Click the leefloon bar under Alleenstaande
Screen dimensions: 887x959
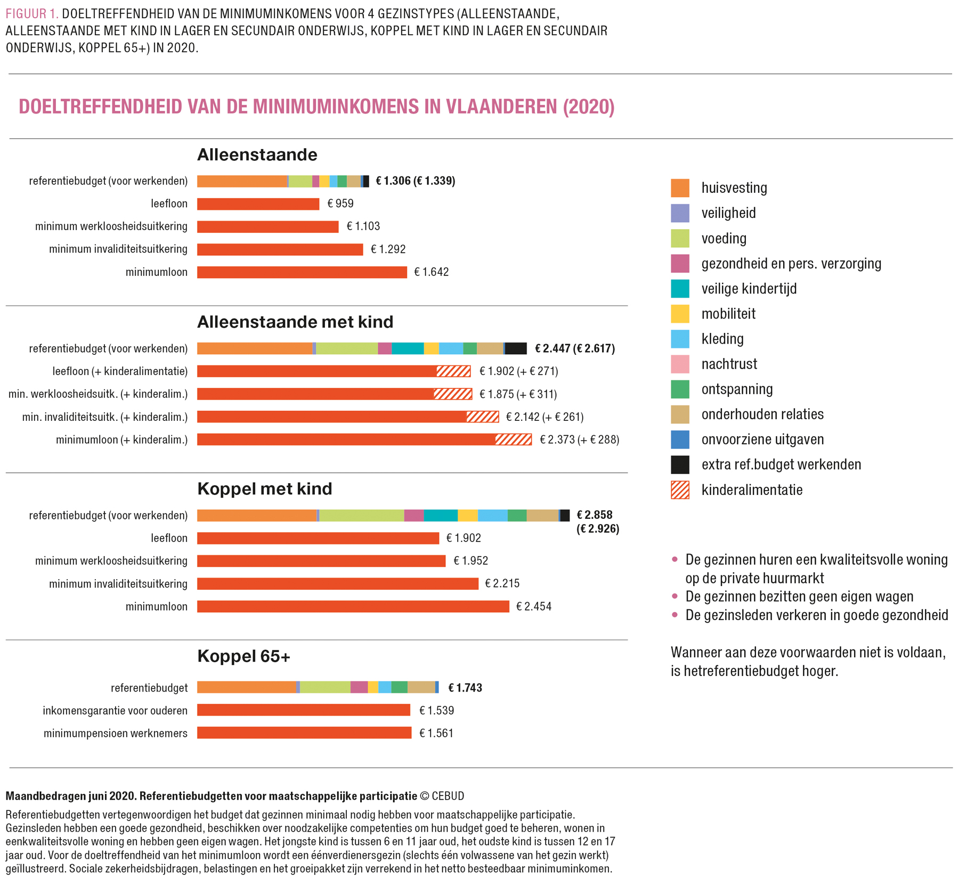pos(258,204)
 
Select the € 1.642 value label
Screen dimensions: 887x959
pos(432,272)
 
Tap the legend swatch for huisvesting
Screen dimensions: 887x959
pos(680,188)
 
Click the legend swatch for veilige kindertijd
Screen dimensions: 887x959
pos(680,289)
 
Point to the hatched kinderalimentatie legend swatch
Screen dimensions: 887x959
pos(680,490)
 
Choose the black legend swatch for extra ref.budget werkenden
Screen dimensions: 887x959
pos(680,465)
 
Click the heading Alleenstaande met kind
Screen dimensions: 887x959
pos(295,322)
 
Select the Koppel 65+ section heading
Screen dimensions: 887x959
pos(243,656)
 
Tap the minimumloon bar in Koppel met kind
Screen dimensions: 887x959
pos(353,607)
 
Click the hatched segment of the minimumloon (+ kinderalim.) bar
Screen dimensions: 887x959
pos(513,440)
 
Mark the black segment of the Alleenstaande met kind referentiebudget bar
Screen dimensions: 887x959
pos(516,349)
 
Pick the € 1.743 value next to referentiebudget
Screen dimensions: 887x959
pos(465,688)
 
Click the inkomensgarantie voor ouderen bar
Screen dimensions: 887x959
pos(304,710)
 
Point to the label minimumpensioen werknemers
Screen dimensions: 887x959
pos(116,734)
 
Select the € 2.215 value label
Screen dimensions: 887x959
pos(502,584)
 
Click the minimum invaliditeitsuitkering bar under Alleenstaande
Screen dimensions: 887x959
pos(280,249)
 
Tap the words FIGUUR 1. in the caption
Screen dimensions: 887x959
pos(32,14)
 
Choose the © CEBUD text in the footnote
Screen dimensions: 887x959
pos(442,796)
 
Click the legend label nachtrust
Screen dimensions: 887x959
pos(729,364)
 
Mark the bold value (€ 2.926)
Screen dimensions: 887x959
pos(598,529)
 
